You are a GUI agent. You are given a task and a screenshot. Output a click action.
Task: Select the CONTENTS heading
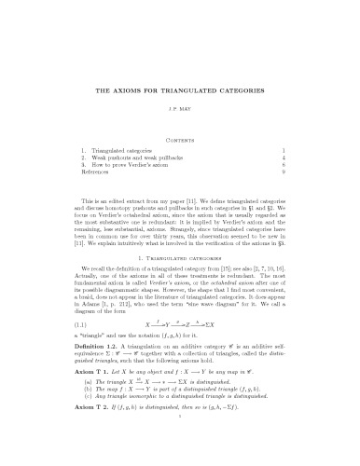pyautogui.click(x=180, y=136)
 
